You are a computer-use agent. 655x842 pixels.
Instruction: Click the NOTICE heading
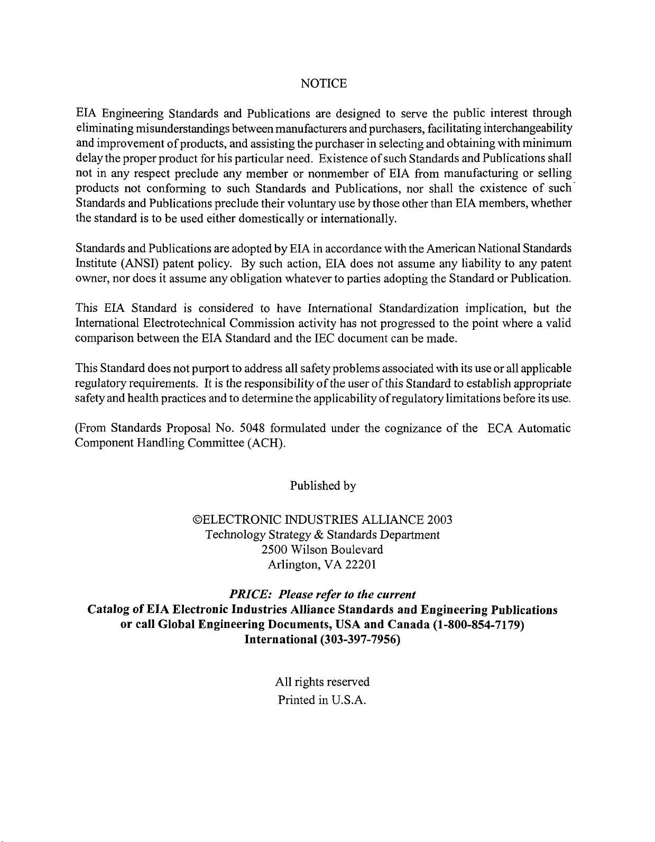[x=323, y=84]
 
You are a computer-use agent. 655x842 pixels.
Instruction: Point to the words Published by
[x=322, y=486]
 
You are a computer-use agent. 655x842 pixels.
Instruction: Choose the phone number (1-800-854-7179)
[x=478, y=625]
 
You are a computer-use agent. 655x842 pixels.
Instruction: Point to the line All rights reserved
[x=322, y=682]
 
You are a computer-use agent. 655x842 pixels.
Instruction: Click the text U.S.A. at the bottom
[x=348, y=701]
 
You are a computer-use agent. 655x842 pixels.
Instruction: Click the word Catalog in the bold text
[x=108, y=610]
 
